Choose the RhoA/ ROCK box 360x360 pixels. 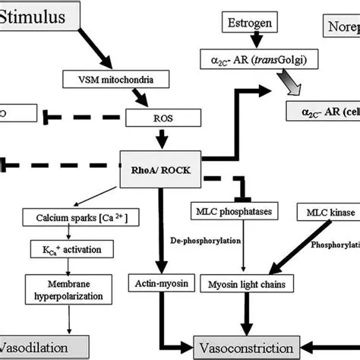(x=161, y=170)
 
